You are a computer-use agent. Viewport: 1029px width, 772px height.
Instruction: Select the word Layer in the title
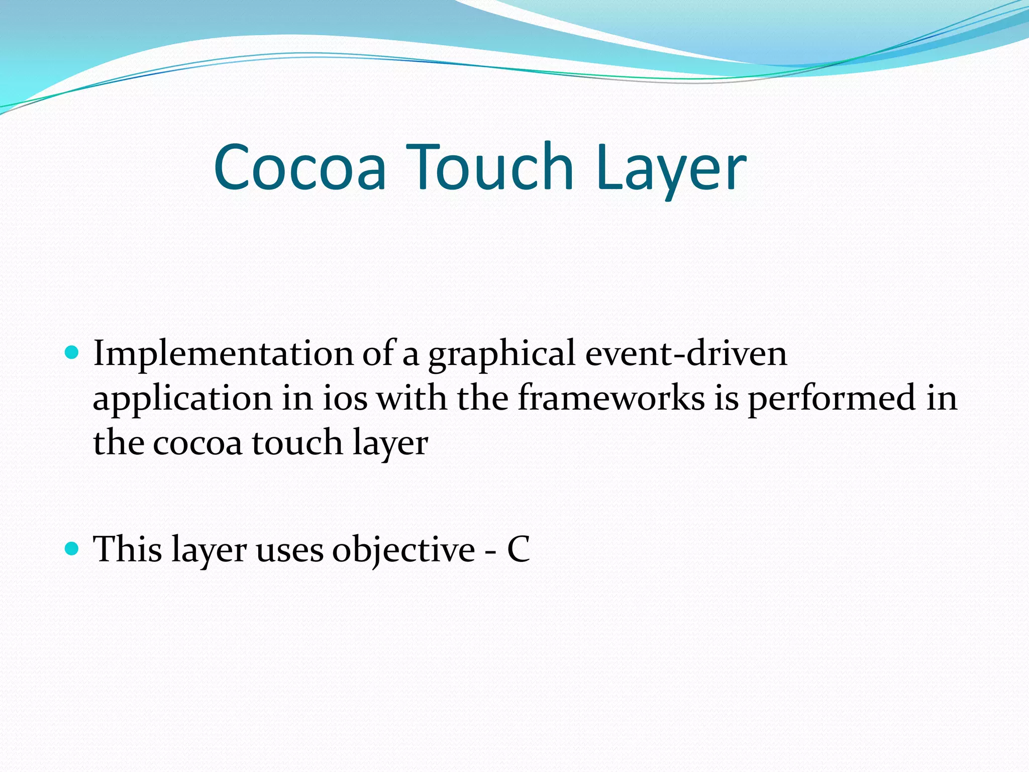point(672,168)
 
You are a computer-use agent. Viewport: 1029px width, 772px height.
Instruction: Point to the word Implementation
point(224,354)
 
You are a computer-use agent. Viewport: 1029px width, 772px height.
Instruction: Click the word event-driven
point(686,353)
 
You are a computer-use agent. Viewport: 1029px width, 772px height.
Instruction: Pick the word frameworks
point(611,398)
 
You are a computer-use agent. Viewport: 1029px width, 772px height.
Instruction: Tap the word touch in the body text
point(297,442)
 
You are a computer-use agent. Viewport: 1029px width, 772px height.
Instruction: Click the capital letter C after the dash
point(518,549)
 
